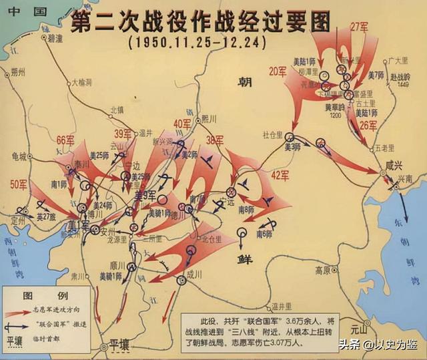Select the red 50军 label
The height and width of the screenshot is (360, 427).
tap(19, 183)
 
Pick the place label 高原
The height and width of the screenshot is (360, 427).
tap(323, 271)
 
